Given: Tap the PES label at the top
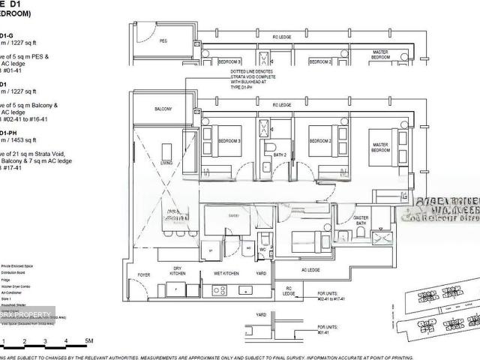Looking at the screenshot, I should point(163,41).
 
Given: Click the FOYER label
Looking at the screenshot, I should point(144,275).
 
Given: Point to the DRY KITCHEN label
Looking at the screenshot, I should point(178,272).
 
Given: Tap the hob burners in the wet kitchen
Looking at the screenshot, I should point(244,290).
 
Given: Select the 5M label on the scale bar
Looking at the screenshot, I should point(88,341).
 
